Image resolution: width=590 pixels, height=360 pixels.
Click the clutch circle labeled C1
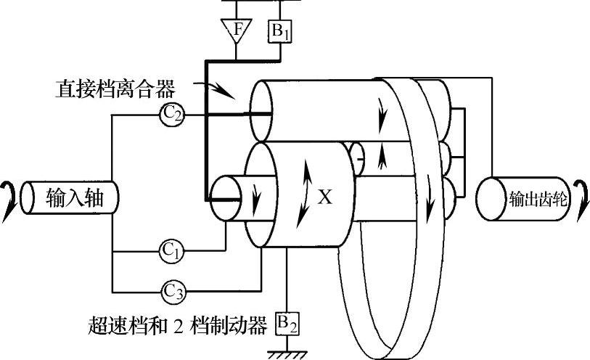click(172, 251)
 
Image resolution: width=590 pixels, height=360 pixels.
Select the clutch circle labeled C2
click(173, 114)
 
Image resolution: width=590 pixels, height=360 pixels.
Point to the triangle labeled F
click(235, 31)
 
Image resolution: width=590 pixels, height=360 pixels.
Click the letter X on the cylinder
click(325, 196)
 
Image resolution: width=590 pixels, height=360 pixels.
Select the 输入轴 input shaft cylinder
click(70, 198)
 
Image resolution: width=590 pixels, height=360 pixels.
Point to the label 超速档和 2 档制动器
click(177, 323)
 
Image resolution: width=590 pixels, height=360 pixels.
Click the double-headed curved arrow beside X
click(306, 195)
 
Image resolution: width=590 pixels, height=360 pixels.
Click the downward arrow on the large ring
click(433, 196)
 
